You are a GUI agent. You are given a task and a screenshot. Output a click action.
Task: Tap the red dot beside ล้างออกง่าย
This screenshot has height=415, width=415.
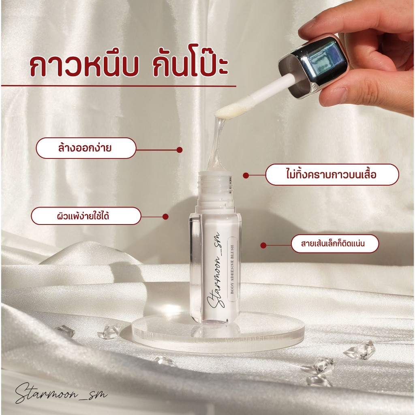click(x=180, y=150)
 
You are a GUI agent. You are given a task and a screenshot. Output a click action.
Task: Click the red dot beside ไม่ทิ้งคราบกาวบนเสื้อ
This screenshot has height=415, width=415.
click(x=246, y=175)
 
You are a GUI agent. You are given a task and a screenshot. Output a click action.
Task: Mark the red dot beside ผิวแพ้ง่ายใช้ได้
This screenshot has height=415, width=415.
click(x=165, y=217)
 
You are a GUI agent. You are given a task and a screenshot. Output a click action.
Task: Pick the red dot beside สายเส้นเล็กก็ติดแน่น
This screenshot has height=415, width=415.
click(x=263, y=245)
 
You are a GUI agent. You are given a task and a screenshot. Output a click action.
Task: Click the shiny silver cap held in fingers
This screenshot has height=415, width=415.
click(x=315, y=66)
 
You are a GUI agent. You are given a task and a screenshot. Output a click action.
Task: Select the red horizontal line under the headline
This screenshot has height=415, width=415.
click(x=119, y=86)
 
